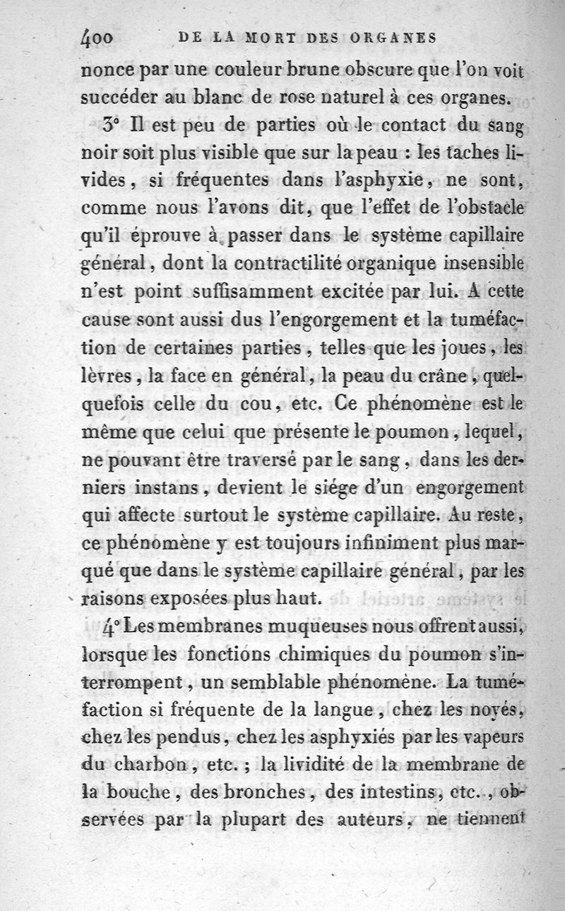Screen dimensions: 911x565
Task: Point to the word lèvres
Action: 104,375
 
